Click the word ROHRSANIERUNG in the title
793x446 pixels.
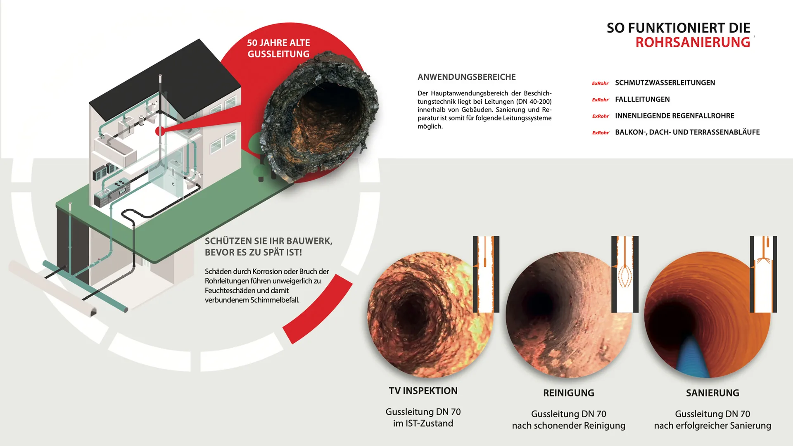[693, 42]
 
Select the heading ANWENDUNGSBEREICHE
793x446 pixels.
[467, 77]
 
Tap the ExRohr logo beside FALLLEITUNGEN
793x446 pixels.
[600, 100]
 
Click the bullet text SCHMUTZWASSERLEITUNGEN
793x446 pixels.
[665, 83]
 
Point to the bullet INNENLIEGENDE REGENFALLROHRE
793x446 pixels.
[674, 116]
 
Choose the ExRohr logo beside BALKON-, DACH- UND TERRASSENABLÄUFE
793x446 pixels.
[600, 133]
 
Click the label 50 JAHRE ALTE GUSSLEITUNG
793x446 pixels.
[279, 48]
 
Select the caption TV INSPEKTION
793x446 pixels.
[423, 391]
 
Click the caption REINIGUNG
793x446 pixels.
[569, 393]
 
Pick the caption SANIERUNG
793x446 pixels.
[712, 393]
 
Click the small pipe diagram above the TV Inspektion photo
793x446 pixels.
[486, 274]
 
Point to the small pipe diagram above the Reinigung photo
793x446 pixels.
[625, 274]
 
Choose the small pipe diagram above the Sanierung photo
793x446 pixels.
[763, 274]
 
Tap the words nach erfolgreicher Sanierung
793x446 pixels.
[712, 426]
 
